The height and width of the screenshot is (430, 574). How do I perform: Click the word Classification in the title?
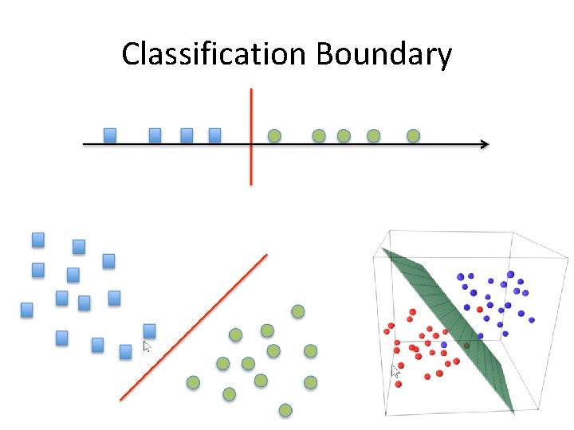pos(213,54)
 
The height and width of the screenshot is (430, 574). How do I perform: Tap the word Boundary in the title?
pos(384,54)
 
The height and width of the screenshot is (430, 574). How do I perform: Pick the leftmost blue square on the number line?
pos(110,135)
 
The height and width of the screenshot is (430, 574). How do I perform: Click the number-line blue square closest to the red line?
pos(214,135)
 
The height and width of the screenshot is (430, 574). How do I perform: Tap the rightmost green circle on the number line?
pos(413,136)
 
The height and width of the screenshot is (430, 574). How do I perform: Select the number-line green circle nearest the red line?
pos(274,136)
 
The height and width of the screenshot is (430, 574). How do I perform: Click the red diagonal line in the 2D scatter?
pos(194,326)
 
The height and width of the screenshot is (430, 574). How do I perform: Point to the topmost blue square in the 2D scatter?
pos(37,239)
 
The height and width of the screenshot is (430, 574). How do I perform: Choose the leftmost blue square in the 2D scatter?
pos(27,309)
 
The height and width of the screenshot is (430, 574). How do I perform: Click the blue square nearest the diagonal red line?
pos(149,330)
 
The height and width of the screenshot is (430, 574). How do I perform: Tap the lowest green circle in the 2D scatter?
pos(285,410)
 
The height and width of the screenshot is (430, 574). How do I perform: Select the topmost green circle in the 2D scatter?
pos(297,311)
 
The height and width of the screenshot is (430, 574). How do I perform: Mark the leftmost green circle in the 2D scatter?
pos(192,383)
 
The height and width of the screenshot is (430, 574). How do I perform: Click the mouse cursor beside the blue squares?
pos(146,346)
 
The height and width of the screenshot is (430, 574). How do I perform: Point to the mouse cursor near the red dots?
pos(395,370)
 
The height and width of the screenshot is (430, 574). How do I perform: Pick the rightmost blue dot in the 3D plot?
pos(530,319)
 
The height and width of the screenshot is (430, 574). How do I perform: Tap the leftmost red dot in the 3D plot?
pos(388,328)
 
